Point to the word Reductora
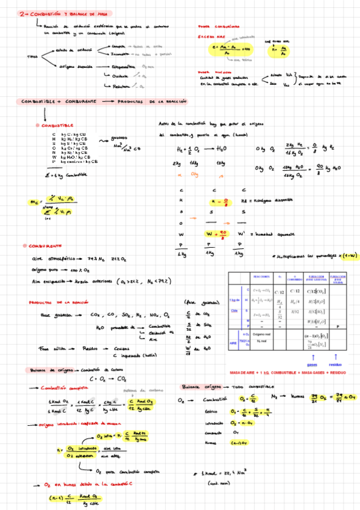point(121,87)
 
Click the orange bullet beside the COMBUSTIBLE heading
point(37,125)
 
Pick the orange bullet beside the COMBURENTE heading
point(25,246)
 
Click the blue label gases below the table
point(311,364)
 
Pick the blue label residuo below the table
point(336,364)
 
